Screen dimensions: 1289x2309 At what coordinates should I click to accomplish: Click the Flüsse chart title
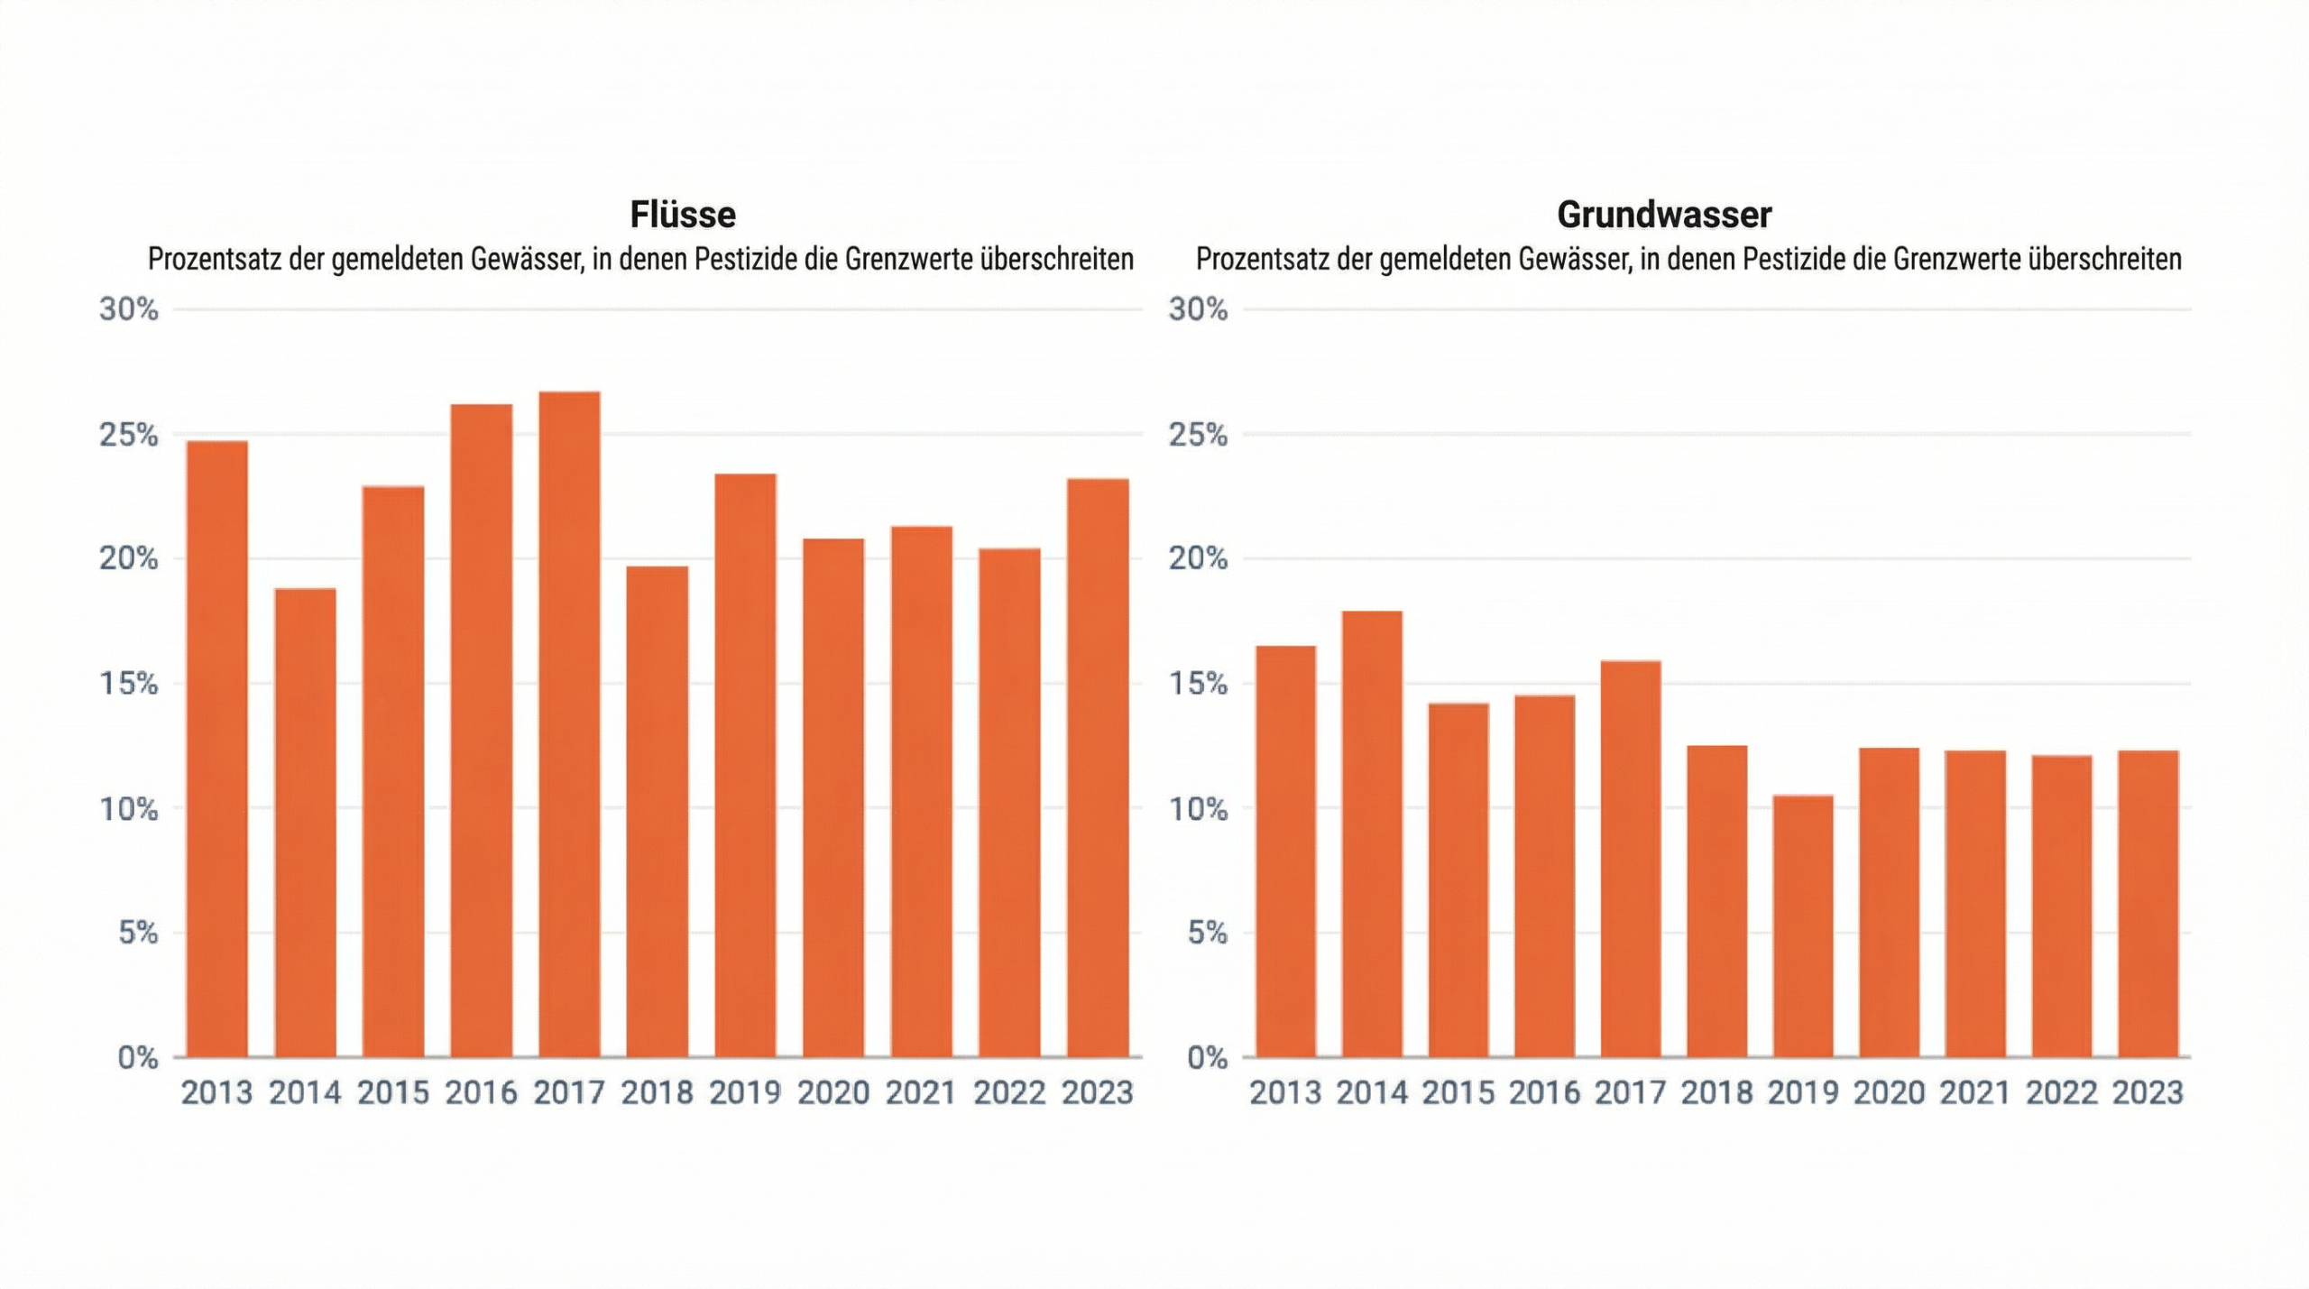coord(683,215)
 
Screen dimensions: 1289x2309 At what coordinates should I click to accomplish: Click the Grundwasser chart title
coord(1664,215)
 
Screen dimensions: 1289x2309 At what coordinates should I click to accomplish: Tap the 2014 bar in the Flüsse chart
coord(305,822)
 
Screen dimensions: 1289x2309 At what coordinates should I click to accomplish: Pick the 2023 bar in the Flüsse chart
coord(1098,767)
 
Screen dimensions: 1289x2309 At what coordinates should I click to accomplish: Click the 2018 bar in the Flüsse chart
coord(657,811)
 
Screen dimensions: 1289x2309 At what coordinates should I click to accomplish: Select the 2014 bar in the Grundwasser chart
coord(1372,833)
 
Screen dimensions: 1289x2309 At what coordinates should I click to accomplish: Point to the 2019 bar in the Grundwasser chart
coord(1803,925)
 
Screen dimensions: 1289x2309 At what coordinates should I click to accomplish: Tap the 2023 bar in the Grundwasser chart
coord(2148,903)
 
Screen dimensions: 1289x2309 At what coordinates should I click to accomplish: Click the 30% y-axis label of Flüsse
coord(128,309)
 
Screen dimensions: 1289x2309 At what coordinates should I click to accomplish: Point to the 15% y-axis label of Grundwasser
coord(1198,684)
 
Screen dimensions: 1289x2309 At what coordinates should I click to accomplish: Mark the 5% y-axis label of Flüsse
coord(137,933)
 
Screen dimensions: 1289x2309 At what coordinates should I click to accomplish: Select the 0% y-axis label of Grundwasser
coord(1207,1057)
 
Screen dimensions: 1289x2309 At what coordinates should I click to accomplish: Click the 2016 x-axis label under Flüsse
coord(481,1093)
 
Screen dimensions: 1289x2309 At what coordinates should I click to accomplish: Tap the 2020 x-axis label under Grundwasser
coord(1889,1093)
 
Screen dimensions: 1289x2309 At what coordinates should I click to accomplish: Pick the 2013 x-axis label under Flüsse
coord(216,1093)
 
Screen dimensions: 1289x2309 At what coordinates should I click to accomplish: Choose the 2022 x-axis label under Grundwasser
coord(2061,1093)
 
